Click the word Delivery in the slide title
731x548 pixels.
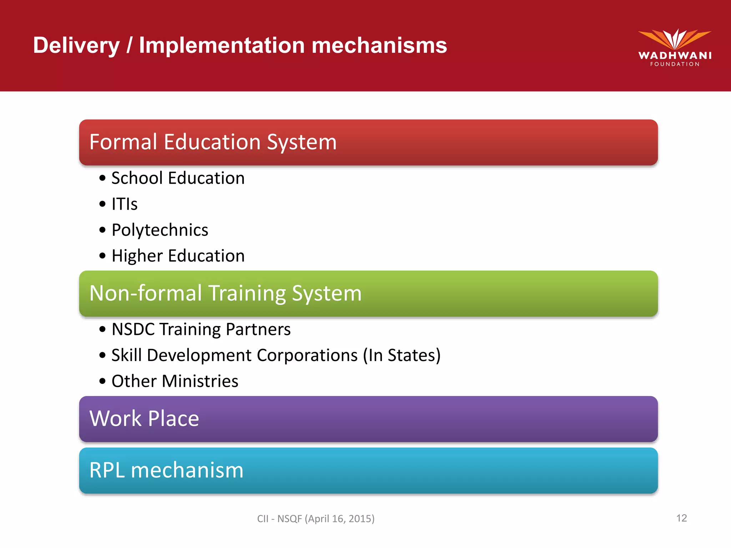(x=76, y=46)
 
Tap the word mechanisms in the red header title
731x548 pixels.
(x=379, y=46)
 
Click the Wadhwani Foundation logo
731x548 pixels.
(x=674, y=47)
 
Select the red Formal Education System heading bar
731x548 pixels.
(x=368, y=142)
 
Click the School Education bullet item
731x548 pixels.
(x=178, y=178)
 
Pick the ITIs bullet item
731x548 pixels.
(x=125, y=204)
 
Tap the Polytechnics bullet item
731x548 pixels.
(x=160, y=230)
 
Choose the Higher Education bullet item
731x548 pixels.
(x=178, y=256)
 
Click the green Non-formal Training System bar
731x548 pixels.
(x=368, y=293)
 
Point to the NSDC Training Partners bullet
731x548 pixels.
(x=201, y=329)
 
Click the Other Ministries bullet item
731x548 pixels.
(x=175, y=381)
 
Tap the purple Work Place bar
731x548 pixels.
(x=368, y=419)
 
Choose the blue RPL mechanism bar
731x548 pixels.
(x=368, y=471)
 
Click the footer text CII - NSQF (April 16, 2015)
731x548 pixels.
(x=316, y=518)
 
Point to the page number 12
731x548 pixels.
(x=681, y=518)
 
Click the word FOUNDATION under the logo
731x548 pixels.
(x=675, y=64)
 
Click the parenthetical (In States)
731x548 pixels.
(x=402, y=355)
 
